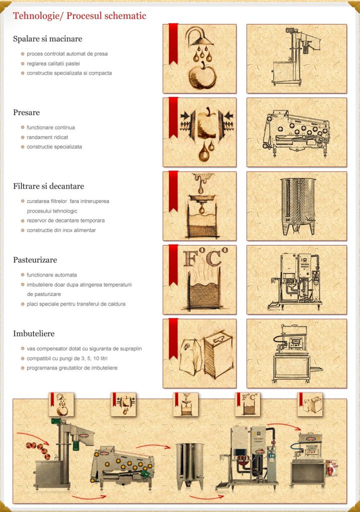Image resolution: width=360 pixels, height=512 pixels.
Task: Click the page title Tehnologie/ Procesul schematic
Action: click(x=79, y=16)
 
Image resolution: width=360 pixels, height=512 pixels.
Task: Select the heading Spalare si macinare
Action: click(x=47, y=39)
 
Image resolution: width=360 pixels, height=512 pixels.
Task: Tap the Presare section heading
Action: click(x=26, y=112)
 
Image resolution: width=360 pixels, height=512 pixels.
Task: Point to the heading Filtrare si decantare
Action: click(x=48, y=186)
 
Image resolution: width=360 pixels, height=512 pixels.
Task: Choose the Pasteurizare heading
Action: click(x=35, y=260)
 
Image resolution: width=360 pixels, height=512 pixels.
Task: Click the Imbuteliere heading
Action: click(x=33, y=333)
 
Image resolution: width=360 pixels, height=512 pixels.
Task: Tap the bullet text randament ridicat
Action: click(x=47, y=137)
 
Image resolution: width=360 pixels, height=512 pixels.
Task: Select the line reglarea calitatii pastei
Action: click(x=53, y=63)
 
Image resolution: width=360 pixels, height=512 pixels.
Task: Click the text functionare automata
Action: click(x=51, y=275)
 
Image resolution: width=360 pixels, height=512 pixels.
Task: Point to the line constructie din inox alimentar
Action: click(x=61, y=230)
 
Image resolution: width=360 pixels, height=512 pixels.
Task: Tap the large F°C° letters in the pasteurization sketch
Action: click(x=205, y=257)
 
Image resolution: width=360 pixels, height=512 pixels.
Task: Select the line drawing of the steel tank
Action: click(x=298, y=206)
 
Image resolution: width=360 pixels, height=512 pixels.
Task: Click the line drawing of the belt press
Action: click(x=296, y=132)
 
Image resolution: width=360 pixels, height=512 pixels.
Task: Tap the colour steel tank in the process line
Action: click(x=189, y=465)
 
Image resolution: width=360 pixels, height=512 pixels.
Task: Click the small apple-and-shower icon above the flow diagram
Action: click(x=61, y=404)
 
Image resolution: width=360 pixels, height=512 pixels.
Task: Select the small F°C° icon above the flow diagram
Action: click(x=247, y=404)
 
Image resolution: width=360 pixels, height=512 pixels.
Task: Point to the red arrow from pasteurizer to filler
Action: click(x=284, y=425)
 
